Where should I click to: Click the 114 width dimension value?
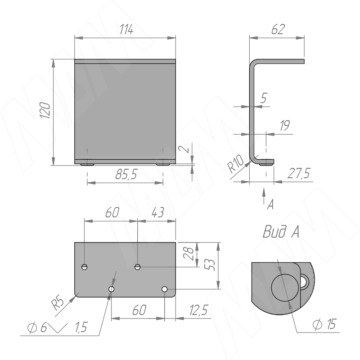click(126, 30)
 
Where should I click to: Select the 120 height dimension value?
click(45, 110)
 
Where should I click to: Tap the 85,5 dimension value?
click(126, 174)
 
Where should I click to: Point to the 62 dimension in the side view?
click(278, 29)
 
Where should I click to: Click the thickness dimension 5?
click(264, 98)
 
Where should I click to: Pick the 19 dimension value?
click(285, 126)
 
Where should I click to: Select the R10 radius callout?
click(235, 163)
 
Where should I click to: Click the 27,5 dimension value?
click(299, 173)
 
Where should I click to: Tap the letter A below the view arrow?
click(271, 204)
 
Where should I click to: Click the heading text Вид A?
click(281, 231)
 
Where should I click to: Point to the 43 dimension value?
click(158, 212)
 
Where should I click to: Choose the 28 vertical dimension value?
click(189, 253)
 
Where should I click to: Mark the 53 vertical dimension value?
click(210, 265)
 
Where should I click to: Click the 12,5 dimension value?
click(199, 310)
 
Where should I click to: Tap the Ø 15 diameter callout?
click(324, 324)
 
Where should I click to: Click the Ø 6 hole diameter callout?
click(37, 328)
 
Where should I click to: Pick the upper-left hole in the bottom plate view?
click(85, 267)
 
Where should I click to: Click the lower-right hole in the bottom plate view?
click(164, 289)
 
